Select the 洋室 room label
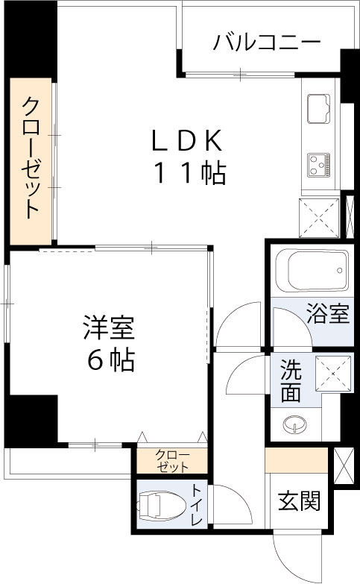coord(109,327)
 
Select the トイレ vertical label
coord(196,505)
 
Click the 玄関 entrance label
coord(300,501)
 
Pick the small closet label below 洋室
coord(172,461)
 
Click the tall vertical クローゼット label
coord(31,157)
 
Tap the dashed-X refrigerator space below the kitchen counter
coord(320,217)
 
